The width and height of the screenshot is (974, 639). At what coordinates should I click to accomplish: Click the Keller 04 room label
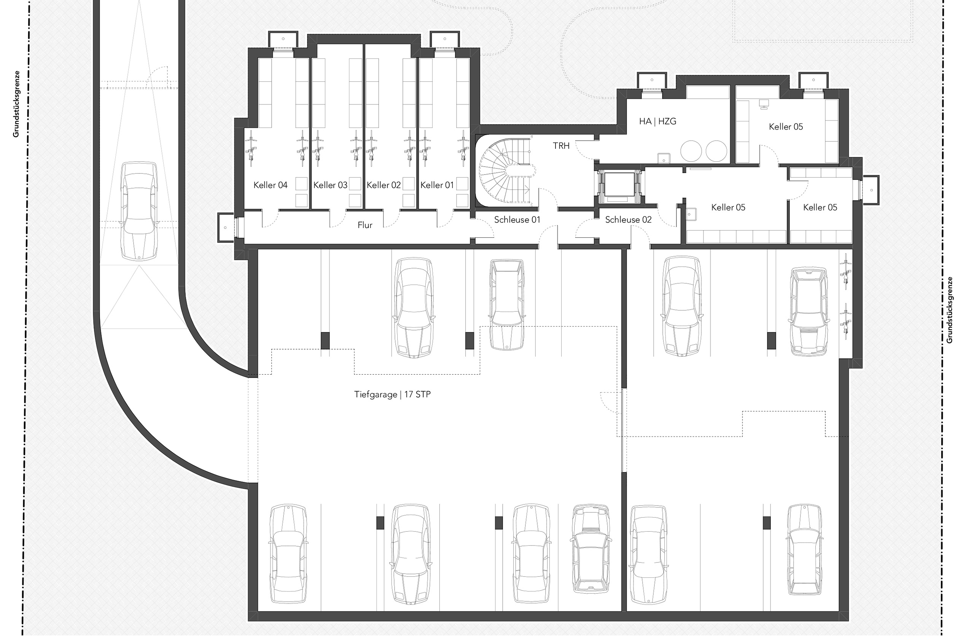coord(270,185)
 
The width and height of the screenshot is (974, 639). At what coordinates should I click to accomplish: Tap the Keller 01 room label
coord(437,185)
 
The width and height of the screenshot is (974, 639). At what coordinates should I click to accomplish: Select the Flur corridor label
coord(364,225)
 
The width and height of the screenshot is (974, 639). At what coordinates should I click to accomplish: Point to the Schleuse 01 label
coord(517,220)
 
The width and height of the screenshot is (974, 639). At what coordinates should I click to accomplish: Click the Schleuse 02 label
coord(628,220)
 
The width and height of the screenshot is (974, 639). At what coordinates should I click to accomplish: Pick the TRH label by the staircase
coord(561,146)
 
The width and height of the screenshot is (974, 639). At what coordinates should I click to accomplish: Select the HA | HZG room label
coord(657,121)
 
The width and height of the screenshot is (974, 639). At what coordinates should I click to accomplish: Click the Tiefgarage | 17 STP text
coord(392,394)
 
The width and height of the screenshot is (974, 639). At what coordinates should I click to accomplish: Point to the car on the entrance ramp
coord(139,211)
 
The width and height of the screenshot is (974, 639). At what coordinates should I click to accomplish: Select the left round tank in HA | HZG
coord(691,151)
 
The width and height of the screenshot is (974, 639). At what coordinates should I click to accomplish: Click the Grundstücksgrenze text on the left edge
coord(16,104)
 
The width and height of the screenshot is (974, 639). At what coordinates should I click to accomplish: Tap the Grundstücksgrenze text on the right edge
coord(949,310)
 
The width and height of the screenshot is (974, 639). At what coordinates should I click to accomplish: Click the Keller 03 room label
coord(330,185)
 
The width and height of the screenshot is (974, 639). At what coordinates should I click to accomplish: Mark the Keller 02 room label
coord(383,185)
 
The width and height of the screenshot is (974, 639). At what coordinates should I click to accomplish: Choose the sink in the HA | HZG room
coord(664,158)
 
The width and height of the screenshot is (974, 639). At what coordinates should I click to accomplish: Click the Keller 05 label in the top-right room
coord(785,127)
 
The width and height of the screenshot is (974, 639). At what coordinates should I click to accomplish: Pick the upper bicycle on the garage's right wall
coord(845,271)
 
